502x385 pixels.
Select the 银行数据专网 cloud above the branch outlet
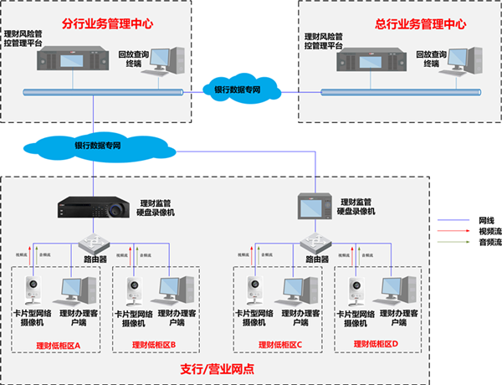pos(92,145)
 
